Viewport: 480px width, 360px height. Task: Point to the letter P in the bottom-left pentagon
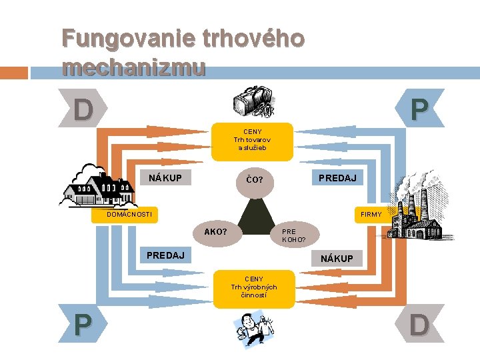click(83, 324)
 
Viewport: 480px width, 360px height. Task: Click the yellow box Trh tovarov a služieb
click(252, 140)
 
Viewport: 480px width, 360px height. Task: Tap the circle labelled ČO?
click(255, 179)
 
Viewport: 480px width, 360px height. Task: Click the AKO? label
click(215, 232)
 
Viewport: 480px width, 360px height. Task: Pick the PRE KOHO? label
click(294, 235)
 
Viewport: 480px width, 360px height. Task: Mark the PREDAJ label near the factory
click(337, 178)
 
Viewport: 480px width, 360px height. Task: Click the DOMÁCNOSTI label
click(130, 215)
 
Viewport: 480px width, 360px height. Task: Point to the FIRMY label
click(371, 215)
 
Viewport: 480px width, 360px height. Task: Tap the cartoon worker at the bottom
click(255, 329)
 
